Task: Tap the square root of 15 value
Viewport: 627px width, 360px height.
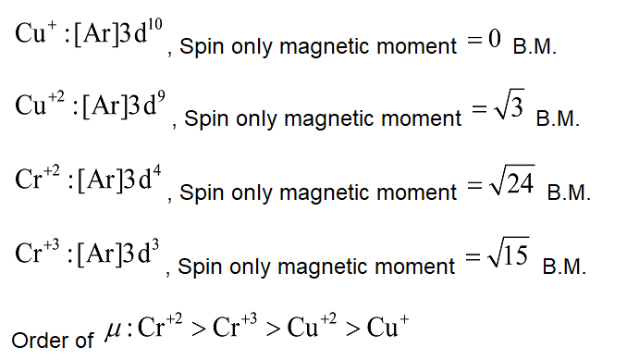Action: (x=510, y=256)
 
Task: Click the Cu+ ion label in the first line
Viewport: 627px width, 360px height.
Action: (x=33, y=34)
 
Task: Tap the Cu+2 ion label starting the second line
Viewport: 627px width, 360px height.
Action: (x=38, y=107)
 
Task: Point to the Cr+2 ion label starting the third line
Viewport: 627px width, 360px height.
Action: (x=36, y=180)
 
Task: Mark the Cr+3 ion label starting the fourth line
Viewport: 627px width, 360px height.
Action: (x=36, y=254)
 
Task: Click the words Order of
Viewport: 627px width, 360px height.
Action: (x=53, y=340)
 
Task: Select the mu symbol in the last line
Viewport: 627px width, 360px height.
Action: (x=112, y=331)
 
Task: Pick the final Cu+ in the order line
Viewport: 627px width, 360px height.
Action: (x=388, y=329)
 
